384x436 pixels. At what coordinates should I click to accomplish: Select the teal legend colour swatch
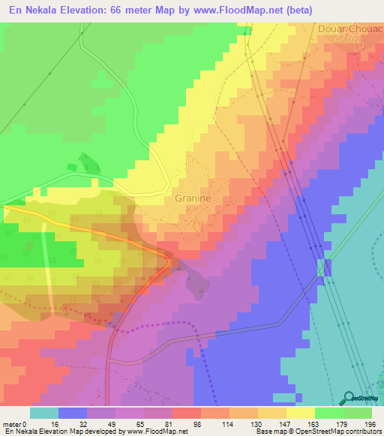[44, 413]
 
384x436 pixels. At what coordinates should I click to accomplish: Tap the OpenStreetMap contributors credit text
[338, 432]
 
